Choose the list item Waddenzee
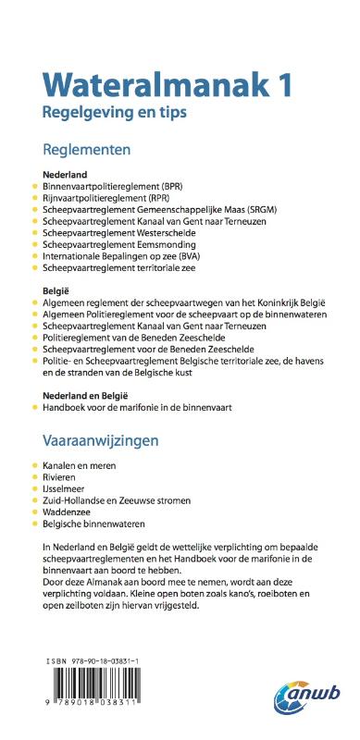pos(70,512)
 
